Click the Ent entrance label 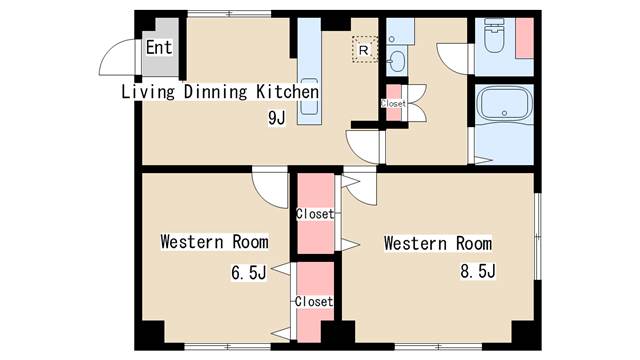pos(159,47)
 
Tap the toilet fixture pos(494,36)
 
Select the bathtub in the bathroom pos(504,104)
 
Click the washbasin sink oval pos(396,62)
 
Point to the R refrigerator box pos(364,49)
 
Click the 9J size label pos(277,118)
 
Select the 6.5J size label pos(249,273)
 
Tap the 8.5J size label pos(478,271)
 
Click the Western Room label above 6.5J pos(215,242)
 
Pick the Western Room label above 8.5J pos(438,244)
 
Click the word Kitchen pos(287,91)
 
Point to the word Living pos(149,91)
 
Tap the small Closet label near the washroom pos(393,104)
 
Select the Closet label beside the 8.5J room pos(315,213)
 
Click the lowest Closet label pos(314,302)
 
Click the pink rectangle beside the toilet pos(524,38)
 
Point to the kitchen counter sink pos(309,97)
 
